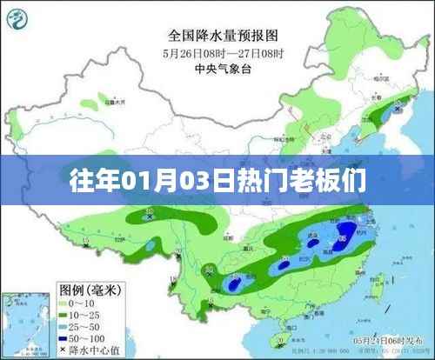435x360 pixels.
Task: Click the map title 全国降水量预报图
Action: [217, 36]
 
